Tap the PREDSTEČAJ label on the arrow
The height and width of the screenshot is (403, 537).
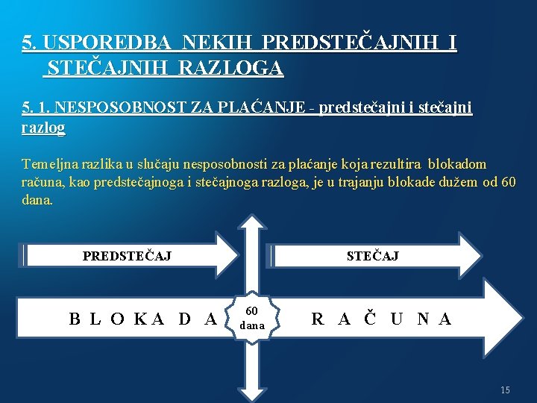coord(127,256)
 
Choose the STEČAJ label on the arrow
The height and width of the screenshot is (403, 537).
coord(372,256)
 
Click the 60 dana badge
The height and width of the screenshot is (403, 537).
coord(252,318)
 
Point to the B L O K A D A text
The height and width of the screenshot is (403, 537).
coord(142,319)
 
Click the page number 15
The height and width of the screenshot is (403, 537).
coord(505,390)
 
